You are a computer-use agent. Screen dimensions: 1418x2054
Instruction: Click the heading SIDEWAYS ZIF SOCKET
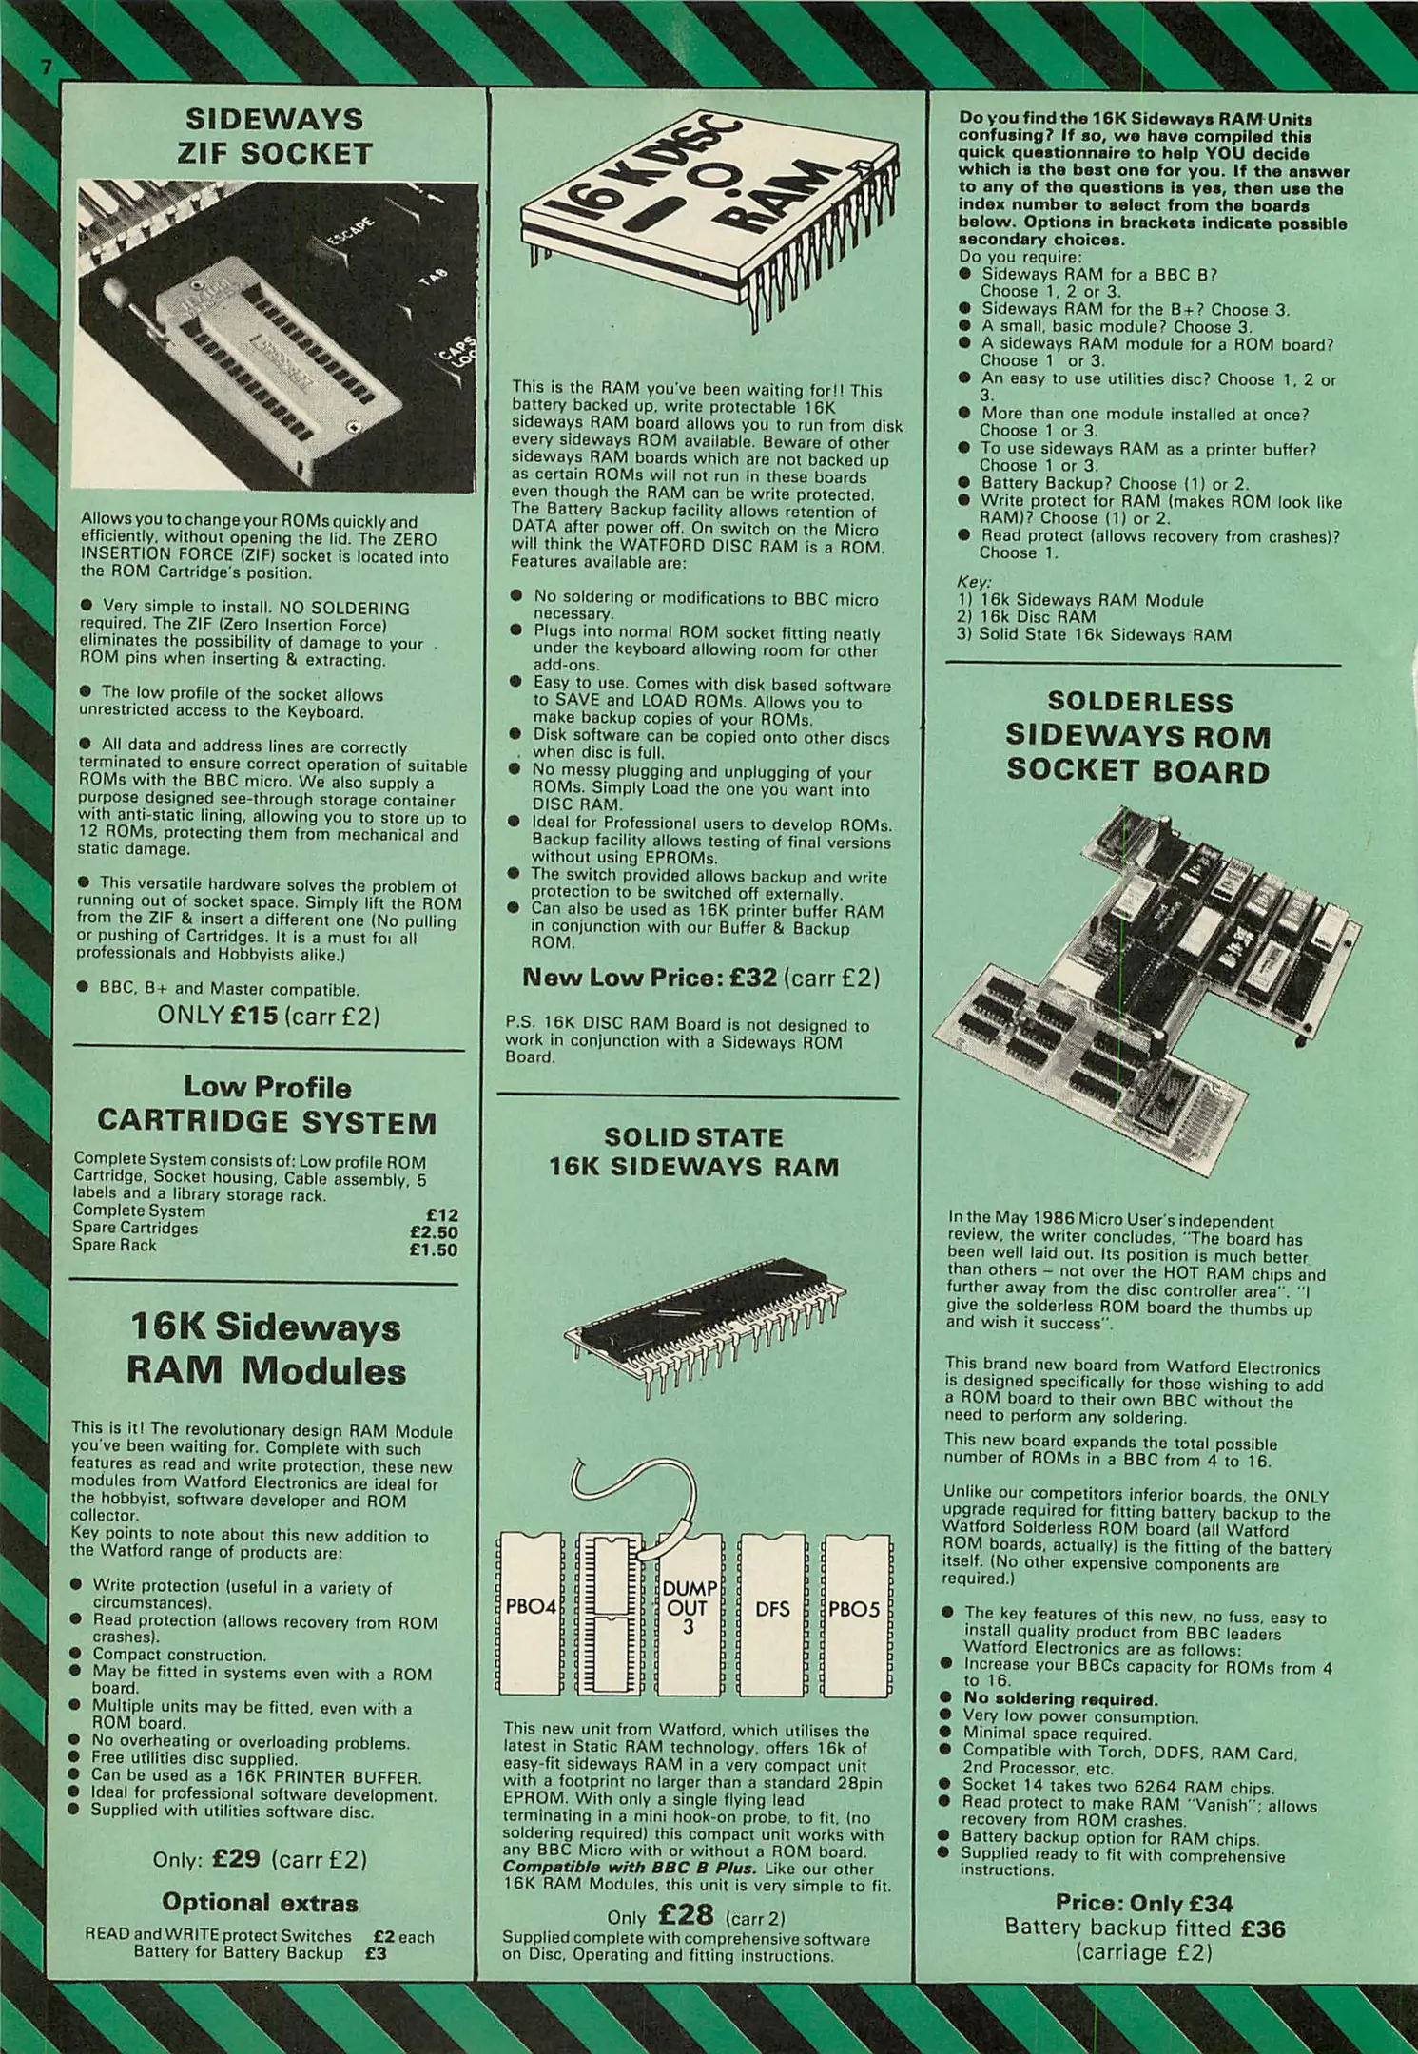(275, 136)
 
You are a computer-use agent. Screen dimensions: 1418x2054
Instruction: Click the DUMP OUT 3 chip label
(689, 1609)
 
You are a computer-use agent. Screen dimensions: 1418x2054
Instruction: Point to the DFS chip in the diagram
(772, 1609)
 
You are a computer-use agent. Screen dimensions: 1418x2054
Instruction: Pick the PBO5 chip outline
(854, 1609)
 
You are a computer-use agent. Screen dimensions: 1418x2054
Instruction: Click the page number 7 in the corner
(44, 68)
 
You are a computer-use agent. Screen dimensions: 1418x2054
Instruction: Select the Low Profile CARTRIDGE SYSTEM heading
(267, 1105)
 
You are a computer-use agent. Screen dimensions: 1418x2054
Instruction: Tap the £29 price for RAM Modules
(237, 1857)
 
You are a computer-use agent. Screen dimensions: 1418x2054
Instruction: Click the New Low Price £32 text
(651, 977)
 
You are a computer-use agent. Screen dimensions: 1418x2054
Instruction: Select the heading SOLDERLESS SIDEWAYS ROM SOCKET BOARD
(1138, 736)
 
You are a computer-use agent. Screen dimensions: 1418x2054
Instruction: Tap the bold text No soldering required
(1060, 1698)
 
